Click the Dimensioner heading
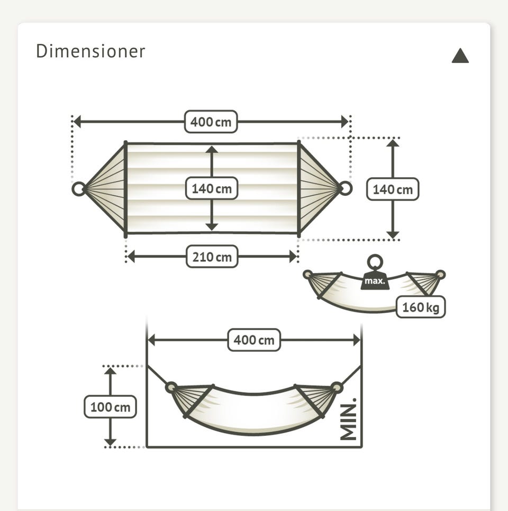(x=90, y=52)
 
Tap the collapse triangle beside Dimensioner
(x=460, y=56)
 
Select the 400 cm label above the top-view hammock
(x=211, y=122)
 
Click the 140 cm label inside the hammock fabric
(x=212, y=188)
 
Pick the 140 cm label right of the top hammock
(x=393, y=189)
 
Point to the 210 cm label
(x=212, y=257)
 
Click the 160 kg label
(x=421, y=307)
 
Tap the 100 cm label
(x=110, y=407)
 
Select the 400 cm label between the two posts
(x=254, y=340)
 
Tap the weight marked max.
(x=375, y=281)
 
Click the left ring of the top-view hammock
(x=78, y=188)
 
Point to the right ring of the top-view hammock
(x=345, y=188)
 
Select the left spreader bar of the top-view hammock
(x=125, y=188)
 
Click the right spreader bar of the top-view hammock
(x=299, y=188)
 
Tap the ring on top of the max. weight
(x=375, y=262)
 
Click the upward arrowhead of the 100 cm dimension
(x=110, y=371)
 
